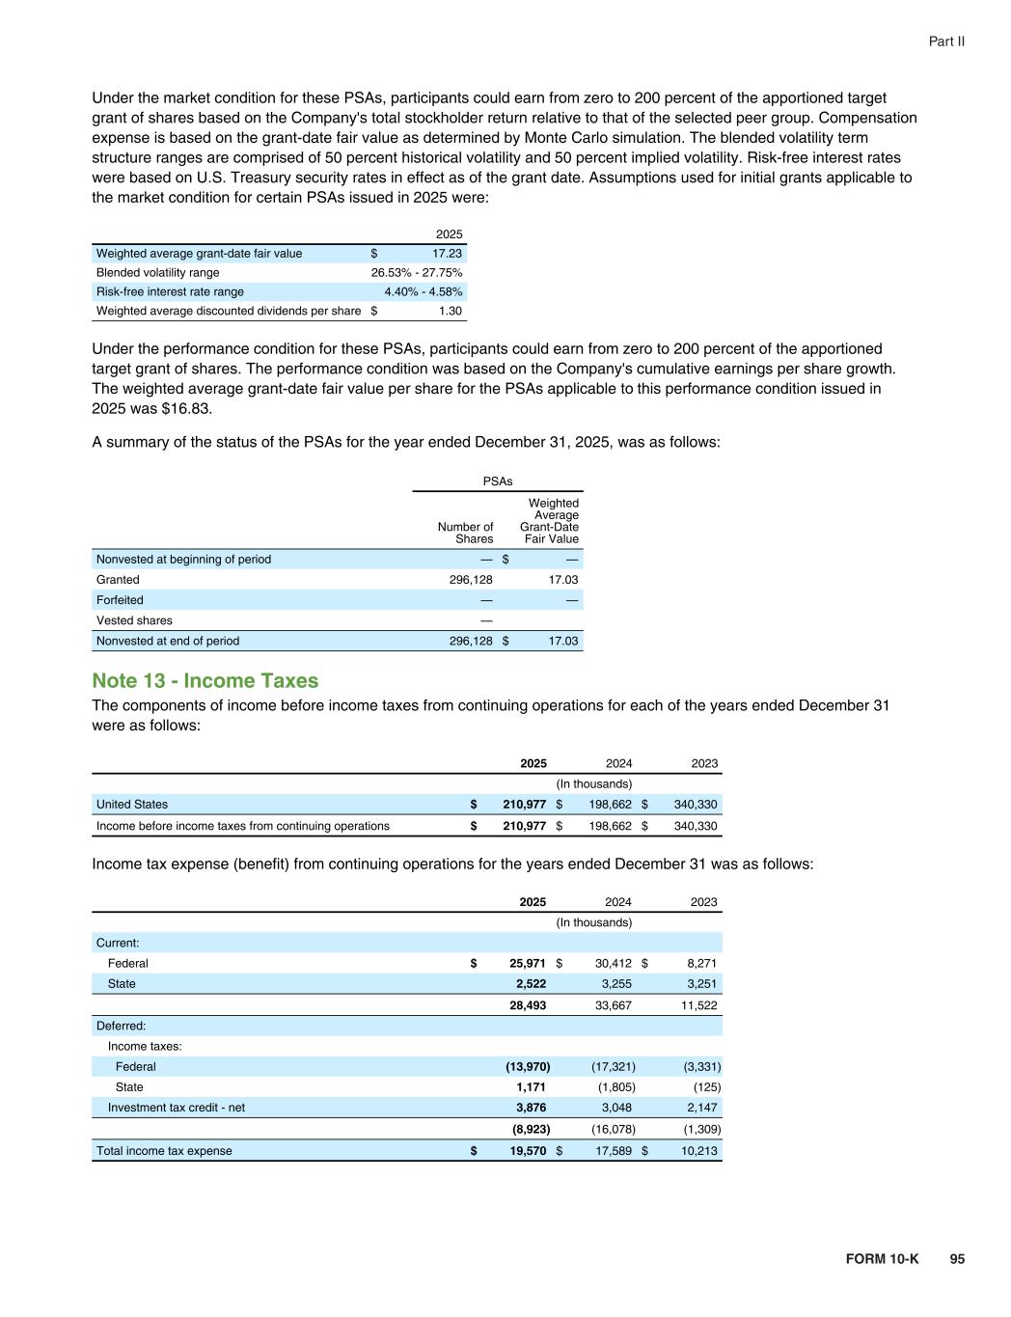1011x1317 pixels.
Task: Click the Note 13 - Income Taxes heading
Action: point(205,681)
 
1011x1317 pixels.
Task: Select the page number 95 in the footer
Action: point(956,1259)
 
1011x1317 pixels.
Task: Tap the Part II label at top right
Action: point(946,41)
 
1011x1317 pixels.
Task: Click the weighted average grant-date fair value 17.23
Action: point(447,254)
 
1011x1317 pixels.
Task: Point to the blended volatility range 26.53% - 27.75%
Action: point(417,273)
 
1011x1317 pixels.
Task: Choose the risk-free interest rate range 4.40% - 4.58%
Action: point(423,292)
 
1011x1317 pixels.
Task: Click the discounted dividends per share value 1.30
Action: point(451,312)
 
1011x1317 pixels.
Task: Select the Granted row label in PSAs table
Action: point(118,580)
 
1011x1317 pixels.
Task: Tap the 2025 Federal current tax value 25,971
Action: point(527,964)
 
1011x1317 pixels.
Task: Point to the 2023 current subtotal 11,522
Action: point(697,1005)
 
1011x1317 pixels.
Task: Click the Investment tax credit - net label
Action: point(177,1108)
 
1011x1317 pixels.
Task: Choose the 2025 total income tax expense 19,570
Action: point(527,1151)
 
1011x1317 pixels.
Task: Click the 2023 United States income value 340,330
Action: point(696,805)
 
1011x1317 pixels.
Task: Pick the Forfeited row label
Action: point(120,600)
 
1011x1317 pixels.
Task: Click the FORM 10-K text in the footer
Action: point(882,1259)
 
